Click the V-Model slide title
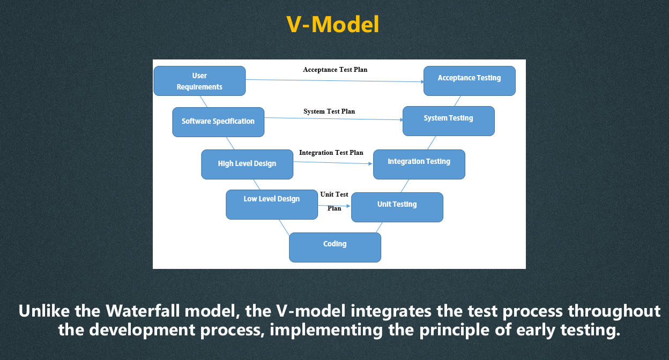tap(333, 25)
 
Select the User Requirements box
tap(199, 81)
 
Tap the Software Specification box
tap(218, 122)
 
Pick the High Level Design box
tap(247, 164)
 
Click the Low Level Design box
tap(272, 205)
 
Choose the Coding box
tap(335, 247)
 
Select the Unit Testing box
tap(397, 207)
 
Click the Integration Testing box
tap(419, 164)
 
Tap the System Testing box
tap(449, 121)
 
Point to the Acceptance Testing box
tap(470, 81)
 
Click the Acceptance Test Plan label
tap(335, 70)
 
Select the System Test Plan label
tap(329, 111)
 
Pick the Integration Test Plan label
tap(331, 153)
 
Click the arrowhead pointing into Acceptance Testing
tap(422, 81)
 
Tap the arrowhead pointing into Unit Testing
tap(348, 206)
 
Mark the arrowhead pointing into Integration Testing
tap(370, 163)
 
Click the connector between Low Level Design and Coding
tap(284, 227)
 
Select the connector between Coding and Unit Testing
tap(379, 228)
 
